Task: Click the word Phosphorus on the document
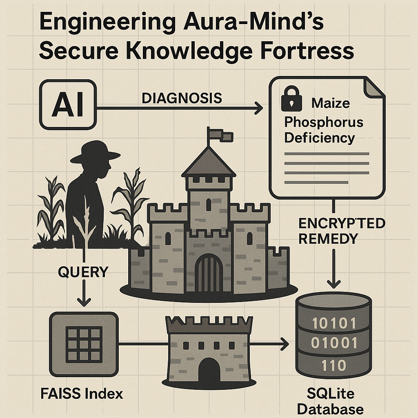pos(323,122)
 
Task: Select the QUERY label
pos(83,272)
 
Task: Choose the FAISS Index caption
pos(82,394)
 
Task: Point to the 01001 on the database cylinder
pos(333,343)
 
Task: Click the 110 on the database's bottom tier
pos(333,365)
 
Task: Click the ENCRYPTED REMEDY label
pos(342,230)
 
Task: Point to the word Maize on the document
pos(331,103)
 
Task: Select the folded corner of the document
pos(374,87)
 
